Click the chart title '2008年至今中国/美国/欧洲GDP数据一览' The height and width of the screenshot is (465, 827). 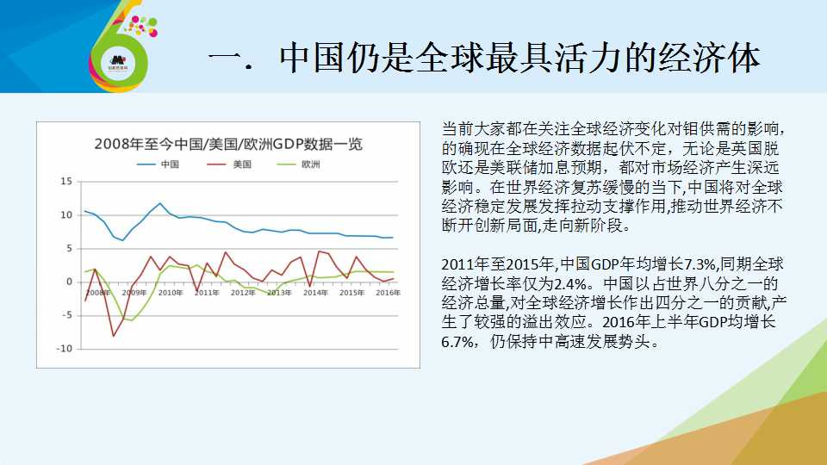tap(227, 144)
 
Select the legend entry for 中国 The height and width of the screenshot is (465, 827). tap(159, 164)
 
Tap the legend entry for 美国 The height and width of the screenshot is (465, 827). tap(229, 164)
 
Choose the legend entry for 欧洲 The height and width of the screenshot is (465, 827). tap(299, 164)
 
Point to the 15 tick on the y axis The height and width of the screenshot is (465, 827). tap(66, 182)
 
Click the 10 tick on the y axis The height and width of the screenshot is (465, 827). tap(66, 215)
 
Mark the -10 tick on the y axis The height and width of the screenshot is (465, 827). tap(65, 349)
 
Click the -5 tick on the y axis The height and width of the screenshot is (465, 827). tap(66, 315)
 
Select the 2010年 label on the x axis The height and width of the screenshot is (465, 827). tap(171, 293)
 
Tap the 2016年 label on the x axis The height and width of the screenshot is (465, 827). tap(389, 293)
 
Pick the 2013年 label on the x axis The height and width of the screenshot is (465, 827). tap(279, 293)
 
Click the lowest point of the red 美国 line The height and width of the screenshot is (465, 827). tap(114, 336)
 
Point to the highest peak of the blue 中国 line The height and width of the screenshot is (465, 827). tap(160, 203)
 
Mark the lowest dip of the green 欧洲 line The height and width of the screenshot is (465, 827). tap(132, 320)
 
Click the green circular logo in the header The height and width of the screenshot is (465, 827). tap(119, 62)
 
